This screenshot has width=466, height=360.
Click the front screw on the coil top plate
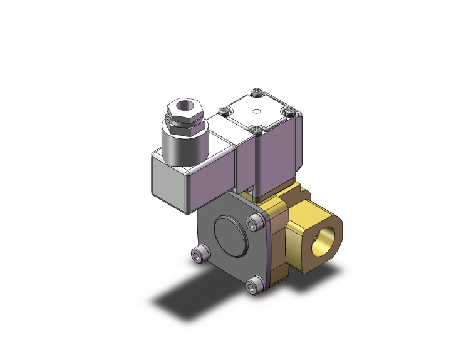coord(258,130)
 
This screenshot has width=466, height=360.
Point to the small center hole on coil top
coord(255,112)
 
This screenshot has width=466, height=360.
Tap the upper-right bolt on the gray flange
coord(254,222)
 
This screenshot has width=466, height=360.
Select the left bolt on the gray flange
coord(199,254)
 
